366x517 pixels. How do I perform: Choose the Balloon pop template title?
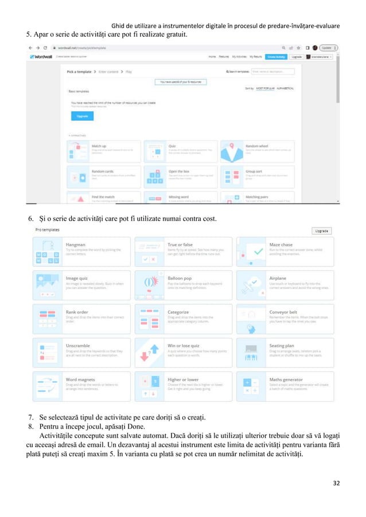point(178,278)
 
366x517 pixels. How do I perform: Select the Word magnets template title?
point(79,379)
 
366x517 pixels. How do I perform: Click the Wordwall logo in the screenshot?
point(41,57)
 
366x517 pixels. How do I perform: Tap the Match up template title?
point(99,146)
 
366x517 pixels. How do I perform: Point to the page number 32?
point(336,483)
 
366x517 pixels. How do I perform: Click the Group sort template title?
point(254,170)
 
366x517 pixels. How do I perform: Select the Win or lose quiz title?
point(183,346)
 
